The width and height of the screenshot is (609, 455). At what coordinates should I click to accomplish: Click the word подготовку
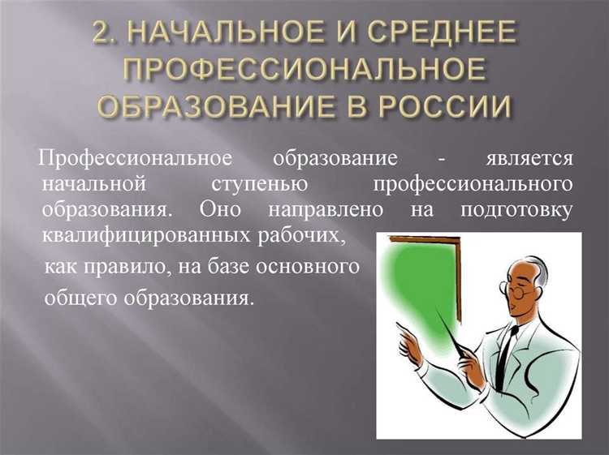(x=516, y=208)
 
